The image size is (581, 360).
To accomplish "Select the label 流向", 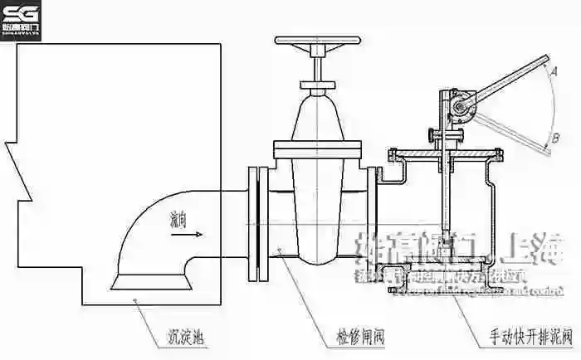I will point(178,221).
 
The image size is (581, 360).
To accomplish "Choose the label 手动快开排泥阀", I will point(529,338).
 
